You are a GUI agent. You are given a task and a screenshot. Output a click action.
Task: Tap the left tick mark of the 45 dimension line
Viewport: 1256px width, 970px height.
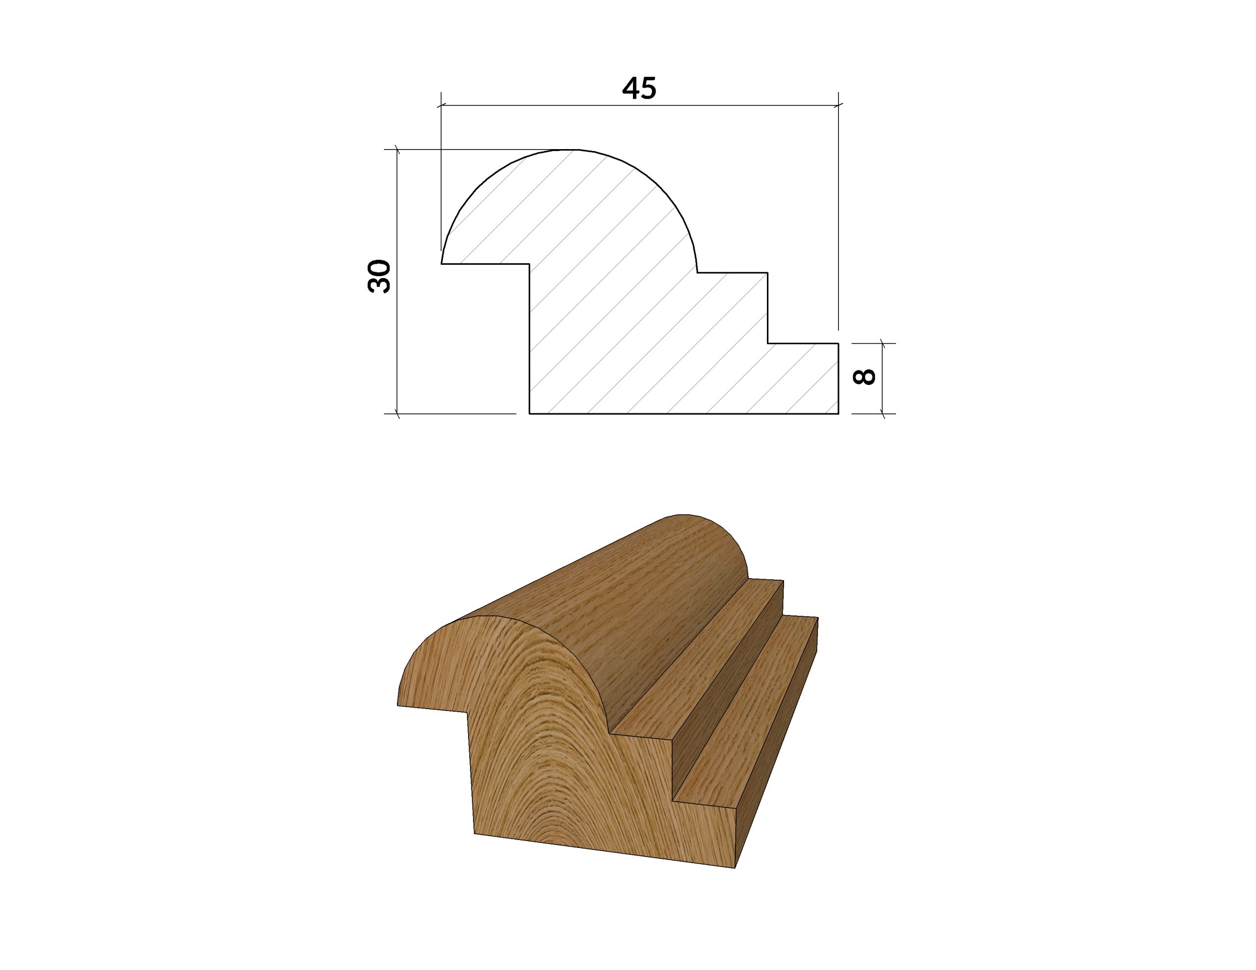pyautogui.click(x=441, y=106)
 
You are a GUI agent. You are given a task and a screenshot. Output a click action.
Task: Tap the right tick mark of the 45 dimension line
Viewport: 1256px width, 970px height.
pyautogui.click(x=838, y=105)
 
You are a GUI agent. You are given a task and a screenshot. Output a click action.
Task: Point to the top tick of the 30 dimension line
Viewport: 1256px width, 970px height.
pyautogui.click(x=397, y=150)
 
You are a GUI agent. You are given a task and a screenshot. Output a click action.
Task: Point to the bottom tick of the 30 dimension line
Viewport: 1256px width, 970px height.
pyautogui.click(x=397, y=413)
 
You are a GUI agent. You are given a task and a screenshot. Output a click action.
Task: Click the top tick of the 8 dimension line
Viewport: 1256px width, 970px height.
pyautogui.click(x=883, y=344)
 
